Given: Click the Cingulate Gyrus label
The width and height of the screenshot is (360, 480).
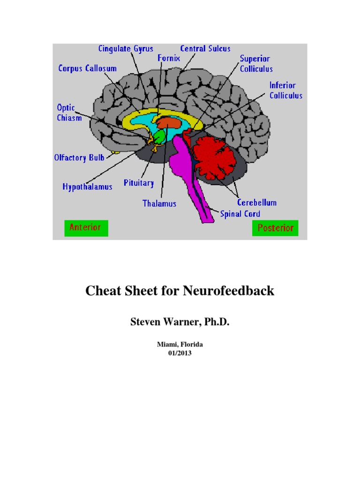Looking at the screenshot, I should pos(126,48).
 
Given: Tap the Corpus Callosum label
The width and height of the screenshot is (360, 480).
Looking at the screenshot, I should pos(88,68).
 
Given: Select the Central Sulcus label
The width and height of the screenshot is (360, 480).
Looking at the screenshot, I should pos(205,48).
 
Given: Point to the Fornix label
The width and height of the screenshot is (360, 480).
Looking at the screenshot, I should pos(168,59).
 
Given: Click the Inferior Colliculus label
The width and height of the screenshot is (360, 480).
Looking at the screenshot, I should pos(285,90).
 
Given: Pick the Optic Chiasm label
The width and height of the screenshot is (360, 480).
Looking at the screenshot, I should pos(66,112).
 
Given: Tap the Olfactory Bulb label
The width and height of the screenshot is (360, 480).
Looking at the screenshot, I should pos(79,157).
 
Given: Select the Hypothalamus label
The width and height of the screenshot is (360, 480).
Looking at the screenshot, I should pos(88,187).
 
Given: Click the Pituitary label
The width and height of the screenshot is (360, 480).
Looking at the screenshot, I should pos(139,183).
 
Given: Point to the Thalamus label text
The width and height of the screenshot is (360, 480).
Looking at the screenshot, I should pos(159,203).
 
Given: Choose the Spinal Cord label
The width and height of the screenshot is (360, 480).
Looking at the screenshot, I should pos(240,214).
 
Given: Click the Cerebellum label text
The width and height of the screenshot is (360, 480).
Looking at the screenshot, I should pos(256,202).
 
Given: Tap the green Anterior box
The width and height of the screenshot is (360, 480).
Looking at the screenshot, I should pos(86,228).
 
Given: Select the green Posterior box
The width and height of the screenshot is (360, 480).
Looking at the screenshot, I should pos(275,228).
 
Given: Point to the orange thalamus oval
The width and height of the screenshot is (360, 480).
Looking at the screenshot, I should pos(169,123).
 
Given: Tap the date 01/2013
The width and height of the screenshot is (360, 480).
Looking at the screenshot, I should pos(180,353).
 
